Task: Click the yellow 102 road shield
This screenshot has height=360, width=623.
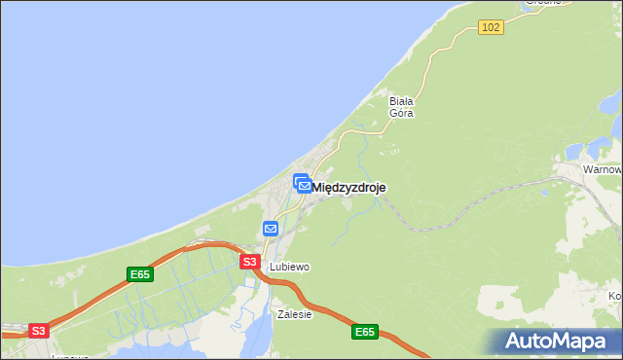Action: (x=492, y=27)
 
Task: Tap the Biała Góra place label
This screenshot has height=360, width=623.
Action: (x=401, y=106)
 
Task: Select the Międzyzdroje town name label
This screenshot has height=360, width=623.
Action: (x=349, y=187)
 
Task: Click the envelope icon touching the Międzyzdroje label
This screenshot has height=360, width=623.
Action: (x=304, y=185)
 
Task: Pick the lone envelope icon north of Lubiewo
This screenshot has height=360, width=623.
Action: (x=271, y=229)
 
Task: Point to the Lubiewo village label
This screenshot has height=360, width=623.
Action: (x=289, y=267)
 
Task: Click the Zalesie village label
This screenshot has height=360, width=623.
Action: (x=294, y=314)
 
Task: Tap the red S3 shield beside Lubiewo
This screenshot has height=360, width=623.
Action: (x=249, y=263)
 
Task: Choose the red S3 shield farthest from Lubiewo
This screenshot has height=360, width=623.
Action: (x=38, y=331)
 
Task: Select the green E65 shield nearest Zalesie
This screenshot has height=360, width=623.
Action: (x=364, y=333)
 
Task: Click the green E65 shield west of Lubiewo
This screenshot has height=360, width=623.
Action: (x=140, y=275)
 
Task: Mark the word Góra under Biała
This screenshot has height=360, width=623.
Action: (x=401, y=113)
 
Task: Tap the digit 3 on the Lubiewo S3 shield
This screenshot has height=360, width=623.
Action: (x=253, y=263)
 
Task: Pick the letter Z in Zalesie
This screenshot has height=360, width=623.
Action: (x=280, y=314)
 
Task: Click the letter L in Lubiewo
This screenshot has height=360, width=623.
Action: (x=273, y=267)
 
